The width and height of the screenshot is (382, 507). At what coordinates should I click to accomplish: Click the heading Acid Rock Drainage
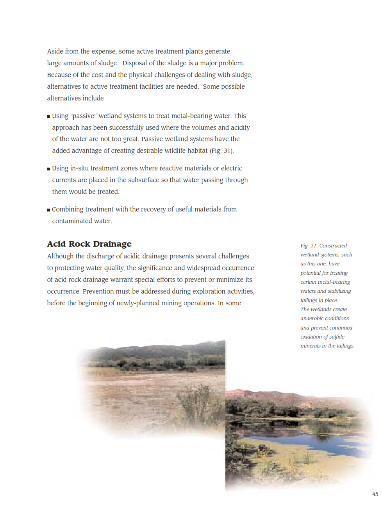[89, 244]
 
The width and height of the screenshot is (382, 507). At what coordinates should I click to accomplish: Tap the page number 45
[375, 494]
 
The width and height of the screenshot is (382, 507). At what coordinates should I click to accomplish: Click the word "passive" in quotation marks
[83, 116]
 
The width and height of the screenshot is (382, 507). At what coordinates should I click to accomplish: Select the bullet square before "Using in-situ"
[48, 169]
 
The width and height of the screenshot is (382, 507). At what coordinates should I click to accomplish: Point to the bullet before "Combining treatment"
[48, 210]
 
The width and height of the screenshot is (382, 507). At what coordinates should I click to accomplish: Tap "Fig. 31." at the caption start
[309, 245]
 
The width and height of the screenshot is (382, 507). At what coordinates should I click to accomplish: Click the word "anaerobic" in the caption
[312, 318]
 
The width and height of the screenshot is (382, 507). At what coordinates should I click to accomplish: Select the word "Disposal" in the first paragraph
[135, 63]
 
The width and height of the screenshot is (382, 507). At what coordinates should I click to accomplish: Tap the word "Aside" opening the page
[55, 51]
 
